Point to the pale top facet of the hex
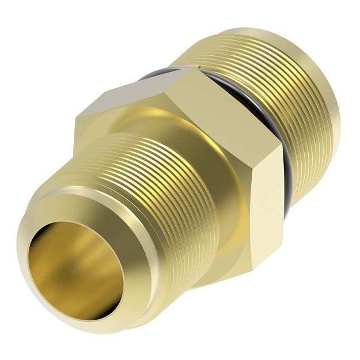pyautogui.click(x=144, y=92)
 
